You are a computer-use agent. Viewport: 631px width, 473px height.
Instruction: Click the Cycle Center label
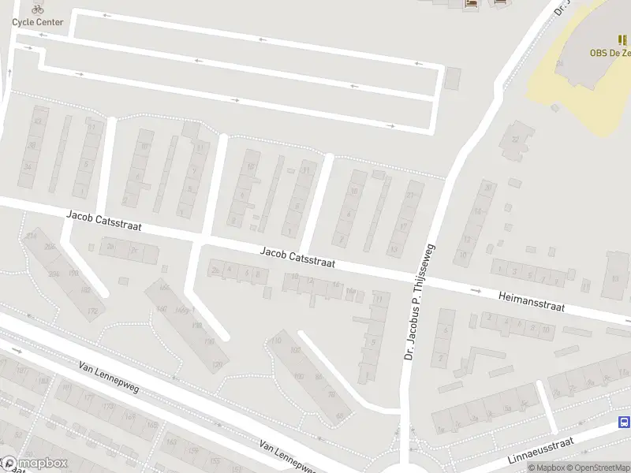[37, 21]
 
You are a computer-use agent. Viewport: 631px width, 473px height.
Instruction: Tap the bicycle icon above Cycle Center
[37, 9]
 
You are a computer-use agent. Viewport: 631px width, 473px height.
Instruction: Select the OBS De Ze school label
[610, 54]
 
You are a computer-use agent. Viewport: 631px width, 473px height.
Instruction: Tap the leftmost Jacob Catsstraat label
[104, 220]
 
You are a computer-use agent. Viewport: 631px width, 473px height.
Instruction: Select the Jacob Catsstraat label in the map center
[298, 256]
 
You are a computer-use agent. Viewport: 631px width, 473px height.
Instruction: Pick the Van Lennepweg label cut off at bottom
[287, 457]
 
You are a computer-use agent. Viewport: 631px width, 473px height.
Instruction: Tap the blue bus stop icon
[624, 423]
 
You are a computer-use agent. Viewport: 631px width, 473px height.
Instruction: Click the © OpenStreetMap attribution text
[601, 467]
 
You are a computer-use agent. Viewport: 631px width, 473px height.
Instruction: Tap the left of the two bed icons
[472, 4]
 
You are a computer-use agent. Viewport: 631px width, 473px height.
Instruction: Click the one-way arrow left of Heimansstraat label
[476, 290]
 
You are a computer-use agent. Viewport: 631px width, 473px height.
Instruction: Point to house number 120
[216, 366]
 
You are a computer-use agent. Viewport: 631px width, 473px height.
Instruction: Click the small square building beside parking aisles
[452, 78]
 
